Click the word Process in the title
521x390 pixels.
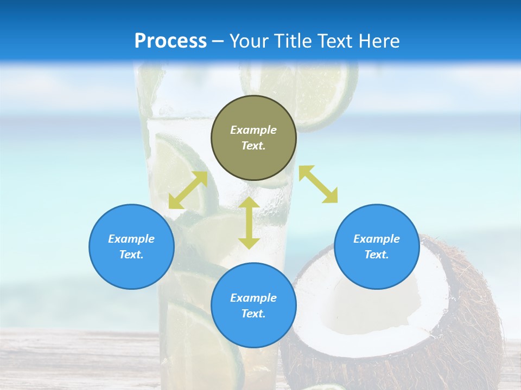(x=170, y=41)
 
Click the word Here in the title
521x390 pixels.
(x=379, y=41)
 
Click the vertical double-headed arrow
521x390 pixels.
(x=249, y=223)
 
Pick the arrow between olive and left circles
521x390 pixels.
(x=188, y=190)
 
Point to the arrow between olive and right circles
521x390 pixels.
(x=318, y=184)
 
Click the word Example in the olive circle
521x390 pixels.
(x=253, y=130)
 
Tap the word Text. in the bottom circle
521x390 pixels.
(x=253, y=314)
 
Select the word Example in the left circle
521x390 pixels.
(x=131, y=239)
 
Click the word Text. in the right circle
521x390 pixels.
(x=377, y=255)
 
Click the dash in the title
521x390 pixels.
(x=218, y=41)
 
